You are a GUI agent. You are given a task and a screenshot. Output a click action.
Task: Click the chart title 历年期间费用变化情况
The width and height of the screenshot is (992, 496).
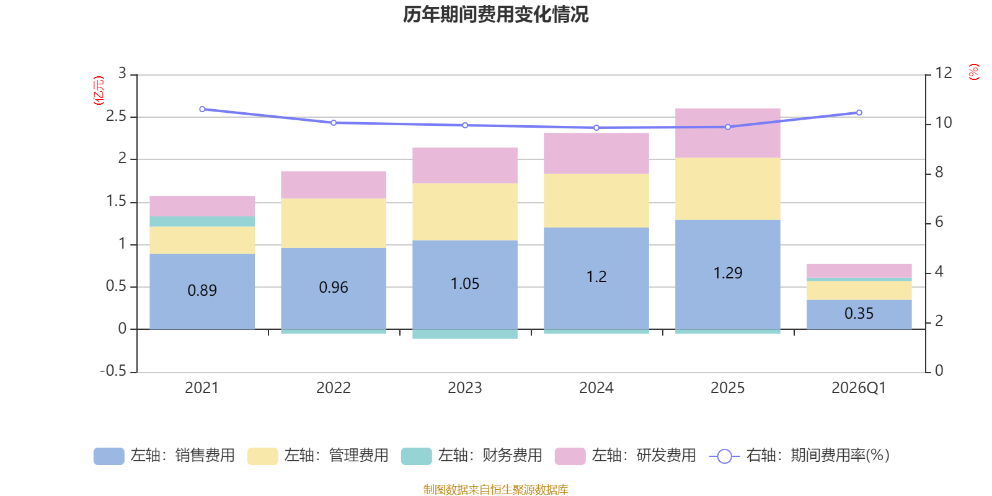495,14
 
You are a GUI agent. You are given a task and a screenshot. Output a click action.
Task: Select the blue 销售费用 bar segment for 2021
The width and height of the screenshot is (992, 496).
202,291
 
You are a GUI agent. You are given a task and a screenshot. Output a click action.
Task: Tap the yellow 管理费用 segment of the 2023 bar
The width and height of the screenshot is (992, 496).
465,211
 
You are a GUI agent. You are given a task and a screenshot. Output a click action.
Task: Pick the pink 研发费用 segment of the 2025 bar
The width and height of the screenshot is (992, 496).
728,133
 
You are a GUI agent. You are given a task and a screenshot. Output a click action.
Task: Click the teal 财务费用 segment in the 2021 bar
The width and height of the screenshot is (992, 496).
202,221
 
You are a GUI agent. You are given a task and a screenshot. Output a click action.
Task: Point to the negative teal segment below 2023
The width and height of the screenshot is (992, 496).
465,334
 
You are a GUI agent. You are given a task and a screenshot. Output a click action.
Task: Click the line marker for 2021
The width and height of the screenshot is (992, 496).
202,109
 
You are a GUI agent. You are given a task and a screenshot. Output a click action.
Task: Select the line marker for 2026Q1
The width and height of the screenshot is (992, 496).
859,112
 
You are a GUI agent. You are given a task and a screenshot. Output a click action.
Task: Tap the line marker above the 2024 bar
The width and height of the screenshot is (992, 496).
596,128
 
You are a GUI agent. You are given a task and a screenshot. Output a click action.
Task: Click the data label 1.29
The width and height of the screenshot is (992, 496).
728,273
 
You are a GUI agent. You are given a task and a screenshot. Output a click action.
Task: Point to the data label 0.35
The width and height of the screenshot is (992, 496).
859,314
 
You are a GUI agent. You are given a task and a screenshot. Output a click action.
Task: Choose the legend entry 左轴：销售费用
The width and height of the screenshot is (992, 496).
164,456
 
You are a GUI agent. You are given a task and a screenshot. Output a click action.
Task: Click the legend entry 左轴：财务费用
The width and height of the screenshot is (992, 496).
472,456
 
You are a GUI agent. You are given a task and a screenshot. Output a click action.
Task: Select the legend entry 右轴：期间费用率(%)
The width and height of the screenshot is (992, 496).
799,456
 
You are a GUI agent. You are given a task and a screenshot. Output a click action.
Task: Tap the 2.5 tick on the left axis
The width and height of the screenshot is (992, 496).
116,116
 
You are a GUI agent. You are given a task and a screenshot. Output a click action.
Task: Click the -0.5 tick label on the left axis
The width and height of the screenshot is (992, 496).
113,371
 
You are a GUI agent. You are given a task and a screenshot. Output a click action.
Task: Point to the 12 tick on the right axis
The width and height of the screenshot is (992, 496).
944,73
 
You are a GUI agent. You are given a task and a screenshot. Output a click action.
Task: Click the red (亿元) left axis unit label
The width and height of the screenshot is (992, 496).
99,91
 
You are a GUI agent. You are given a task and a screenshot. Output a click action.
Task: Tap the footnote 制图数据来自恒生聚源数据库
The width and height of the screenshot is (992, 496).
495,489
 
